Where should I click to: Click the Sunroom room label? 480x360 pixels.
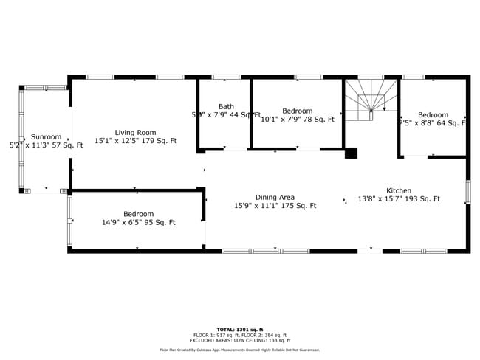tap(46, 136)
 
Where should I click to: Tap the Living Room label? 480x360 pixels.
tap(134, 132)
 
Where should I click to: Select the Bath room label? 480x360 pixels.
tap(226, 107)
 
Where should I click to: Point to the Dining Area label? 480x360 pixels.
tap(275, 197)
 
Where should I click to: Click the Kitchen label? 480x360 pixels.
tap(399, 190)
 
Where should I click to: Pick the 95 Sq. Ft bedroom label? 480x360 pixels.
tap(138, 214)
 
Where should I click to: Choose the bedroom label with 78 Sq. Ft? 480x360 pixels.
tap(298, 111)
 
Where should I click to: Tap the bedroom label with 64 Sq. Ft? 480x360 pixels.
tap(433, 115)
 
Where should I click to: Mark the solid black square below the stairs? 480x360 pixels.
tap(352, 153)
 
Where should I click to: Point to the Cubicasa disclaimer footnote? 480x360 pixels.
tap(239, 350)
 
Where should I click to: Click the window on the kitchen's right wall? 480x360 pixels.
tap(467, 192)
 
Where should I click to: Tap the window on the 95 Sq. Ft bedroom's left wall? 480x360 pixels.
tap(70, 221)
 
